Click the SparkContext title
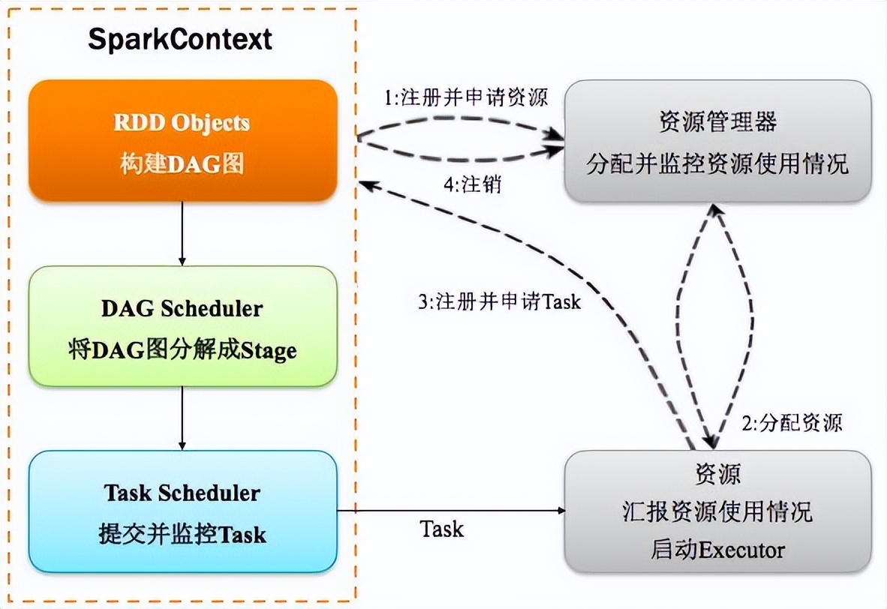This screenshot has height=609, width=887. (x=180, y=39)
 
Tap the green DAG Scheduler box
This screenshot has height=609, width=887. (x=182, y=328)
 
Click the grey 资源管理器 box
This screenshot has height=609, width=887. (x=717, y=141)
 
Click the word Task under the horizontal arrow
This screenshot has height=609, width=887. (x=442, y=529)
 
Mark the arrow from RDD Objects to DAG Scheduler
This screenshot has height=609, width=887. (x=182, y=233)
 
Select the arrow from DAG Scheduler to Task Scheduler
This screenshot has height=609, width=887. (x=182, y=418)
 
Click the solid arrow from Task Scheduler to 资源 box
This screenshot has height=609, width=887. (x=450, y=510)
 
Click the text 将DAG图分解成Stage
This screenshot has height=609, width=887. (x=182, y=350)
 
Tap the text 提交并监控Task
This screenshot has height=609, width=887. (x=182, y=534)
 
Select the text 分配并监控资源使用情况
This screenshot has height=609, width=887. (x=717, y=163)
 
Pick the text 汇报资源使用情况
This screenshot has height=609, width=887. (x=717, y=512)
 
